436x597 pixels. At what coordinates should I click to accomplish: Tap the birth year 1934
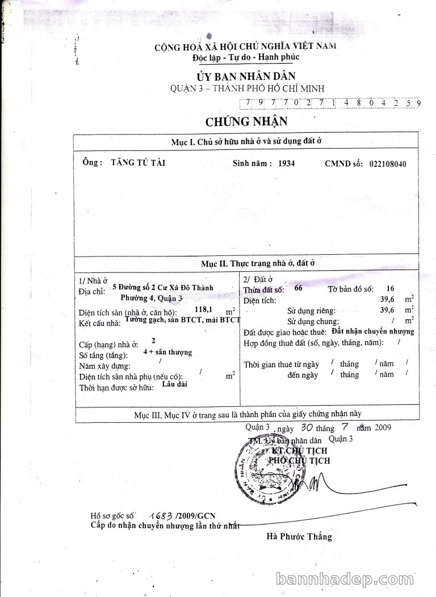coord(286,163)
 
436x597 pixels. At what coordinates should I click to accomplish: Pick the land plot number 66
coord(299,288)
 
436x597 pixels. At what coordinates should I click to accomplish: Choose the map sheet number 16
coord(389,288)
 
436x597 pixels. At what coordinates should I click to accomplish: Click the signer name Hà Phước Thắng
coord(299,536)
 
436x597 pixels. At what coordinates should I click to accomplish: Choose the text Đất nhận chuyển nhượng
coord(373,331)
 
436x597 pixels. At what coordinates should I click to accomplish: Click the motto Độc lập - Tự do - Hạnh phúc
coord(246,57)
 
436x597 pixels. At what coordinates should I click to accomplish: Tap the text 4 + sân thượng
coord(168,352)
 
